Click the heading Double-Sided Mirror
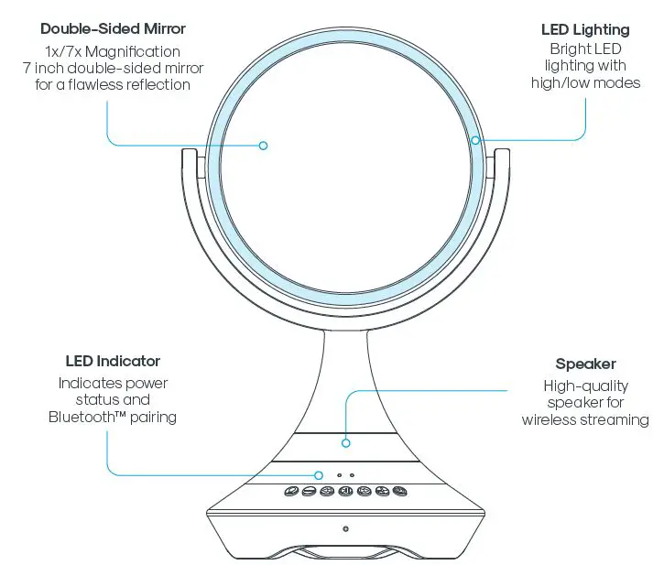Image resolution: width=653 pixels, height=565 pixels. tap(113, 29)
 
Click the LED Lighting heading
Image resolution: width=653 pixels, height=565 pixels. tap(585, 30)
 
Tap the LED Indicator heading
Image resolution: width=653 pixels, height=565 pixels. tap(113, 362)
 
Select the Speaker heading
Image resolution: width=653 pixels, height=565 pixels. tap(585, 364)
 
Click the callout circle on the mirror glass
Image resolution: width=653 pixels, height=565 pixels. tap(263, 145)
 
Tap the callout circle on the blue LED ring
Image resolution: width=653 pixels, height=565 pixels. tap(475, 140)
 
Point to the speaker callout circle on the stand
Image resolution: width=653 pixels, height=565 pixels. tap(345, 443)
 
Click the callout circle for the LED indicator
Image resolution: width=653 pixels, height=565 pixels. tap(319, 474)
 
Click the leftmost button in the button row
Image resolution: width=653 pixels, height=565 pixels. tap(290, 492)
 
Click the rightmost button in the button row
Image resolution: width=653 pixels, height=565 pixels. tap(399, 492)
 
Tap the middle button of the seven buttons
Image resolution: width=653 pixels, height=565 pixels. tap(345, 492)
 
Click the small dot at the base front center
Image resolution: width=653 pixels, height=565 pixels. tap(345, 528)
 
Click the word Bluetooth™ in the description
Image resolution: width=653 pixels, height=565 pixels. tap(88, 417)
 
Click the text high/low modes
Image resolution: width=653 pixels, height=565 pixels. tap(585, 82)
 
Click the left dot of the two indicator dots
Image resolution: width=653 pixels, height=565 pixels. tap(338, 475)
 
